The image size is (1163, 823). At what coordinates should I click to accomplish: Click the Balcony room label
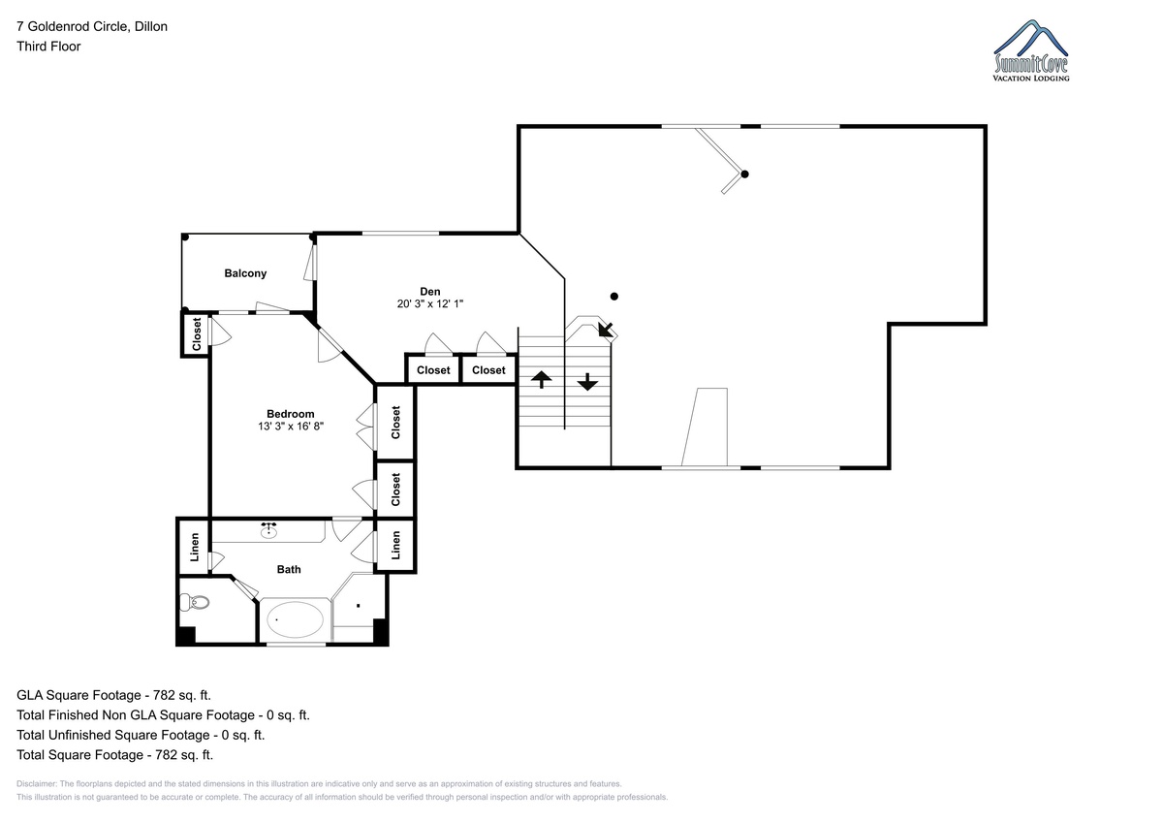(x=245, y=273)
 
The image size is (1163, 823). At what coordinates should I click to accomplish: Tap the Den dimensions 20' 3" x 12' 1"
(x=430, y=303)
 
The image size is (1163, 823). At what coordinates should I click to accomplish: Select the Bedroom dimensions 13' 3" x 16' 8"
(x=291, y=427)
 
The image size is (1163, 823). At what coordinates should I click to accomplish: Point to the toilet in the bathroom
(x=194, y=602)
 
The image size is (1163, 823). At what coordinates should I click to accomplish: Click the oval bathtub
(x=295, y=619)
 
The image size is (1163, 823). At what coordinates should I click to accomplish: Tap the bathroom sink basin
(x=268, y=530)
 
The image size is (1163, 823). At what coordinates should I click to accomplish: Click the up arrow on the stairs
(x=541, y=380)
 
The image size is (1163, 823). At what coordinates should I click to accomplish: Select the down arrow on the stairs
(x=587, y=382)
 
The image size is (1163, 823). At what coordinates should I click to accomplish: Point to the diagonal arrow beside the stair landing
(x=606, y=330)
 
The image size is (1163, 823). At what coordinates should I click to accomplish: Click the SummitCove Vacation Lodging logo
(x=1030, y=50)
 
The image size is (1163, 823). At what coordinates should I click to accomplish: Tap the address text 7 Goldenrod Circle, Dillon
(x=92, y=26)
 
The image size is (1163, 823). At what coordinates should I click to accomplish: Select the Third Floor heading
(x=48, y=47)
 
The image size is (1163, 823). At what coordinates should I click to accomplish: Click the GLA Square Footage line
(x=113, y=695)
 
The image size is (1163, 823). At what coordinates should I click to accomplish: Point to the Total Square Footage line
(x=114, y=754)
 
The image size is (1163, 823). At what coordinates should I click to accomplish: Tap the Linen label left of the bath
(x=195, y=547)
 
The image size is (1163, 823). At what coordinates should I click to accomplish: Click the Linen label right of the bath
(x=395, y=545)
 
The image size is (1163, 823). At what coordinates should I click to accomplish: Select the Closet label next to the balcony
(x=196, y=334)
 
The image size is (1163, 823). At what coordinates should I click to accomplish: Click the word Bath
(x=289, y=570)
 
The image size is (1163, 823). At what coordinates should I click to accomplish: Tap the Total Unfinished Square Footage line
(x=141, y=735)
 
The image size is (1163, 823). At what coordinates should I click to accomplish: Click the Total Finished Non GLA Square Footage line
(x=163, y=715)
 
